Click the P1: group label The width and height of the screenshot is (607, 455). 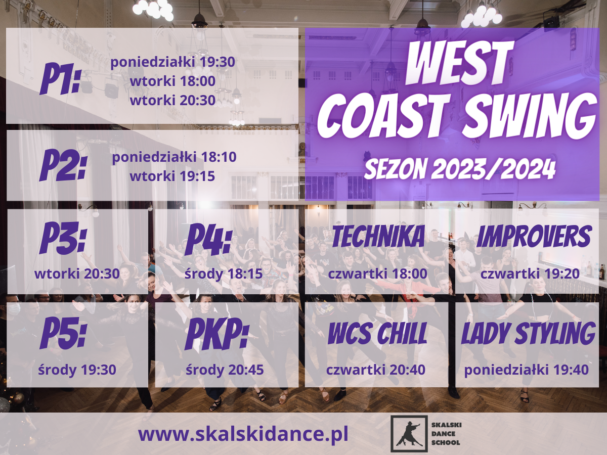(60, 79)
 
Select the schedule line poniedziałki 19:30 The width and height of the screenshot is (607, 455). (173, 62)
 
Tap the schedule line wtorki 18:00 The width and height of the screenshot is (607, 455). (172, 81)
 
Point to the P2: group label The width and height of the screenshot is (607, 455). (63, 165)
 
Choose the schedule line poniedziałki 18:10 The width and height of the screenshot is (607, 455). (174, 157)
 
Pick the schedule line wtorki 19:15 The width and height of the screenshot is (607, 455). (172, 176)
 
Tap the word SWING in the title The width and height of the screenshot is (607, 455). (531, 115)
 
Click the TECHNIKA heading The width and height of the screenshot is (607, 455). (378, 236)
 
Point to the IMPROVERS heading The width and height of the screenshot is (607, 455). (534, 236)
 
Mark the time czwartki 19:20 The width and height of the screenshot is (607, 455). (530, 274)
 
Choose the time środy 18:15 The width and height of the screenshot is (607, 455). (224, 274)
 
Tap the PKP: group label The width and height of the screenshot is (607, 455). (217, 334)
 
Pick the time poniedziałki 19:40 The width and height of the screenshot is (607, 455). (527, 370)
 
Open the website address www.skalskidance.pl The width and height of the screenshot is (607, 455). (243, 435)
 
